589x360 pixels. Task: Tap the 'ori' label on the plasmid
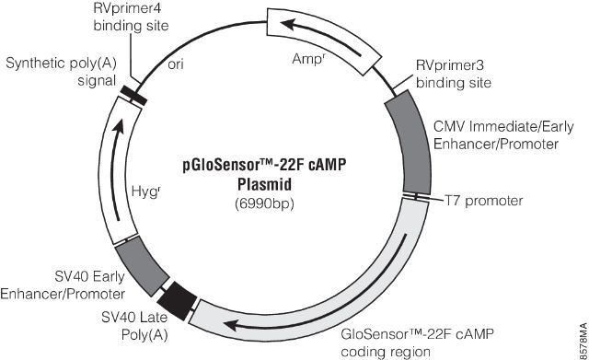(179, 66)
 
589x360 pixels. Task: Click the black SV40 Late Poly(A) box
(178, 297)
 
